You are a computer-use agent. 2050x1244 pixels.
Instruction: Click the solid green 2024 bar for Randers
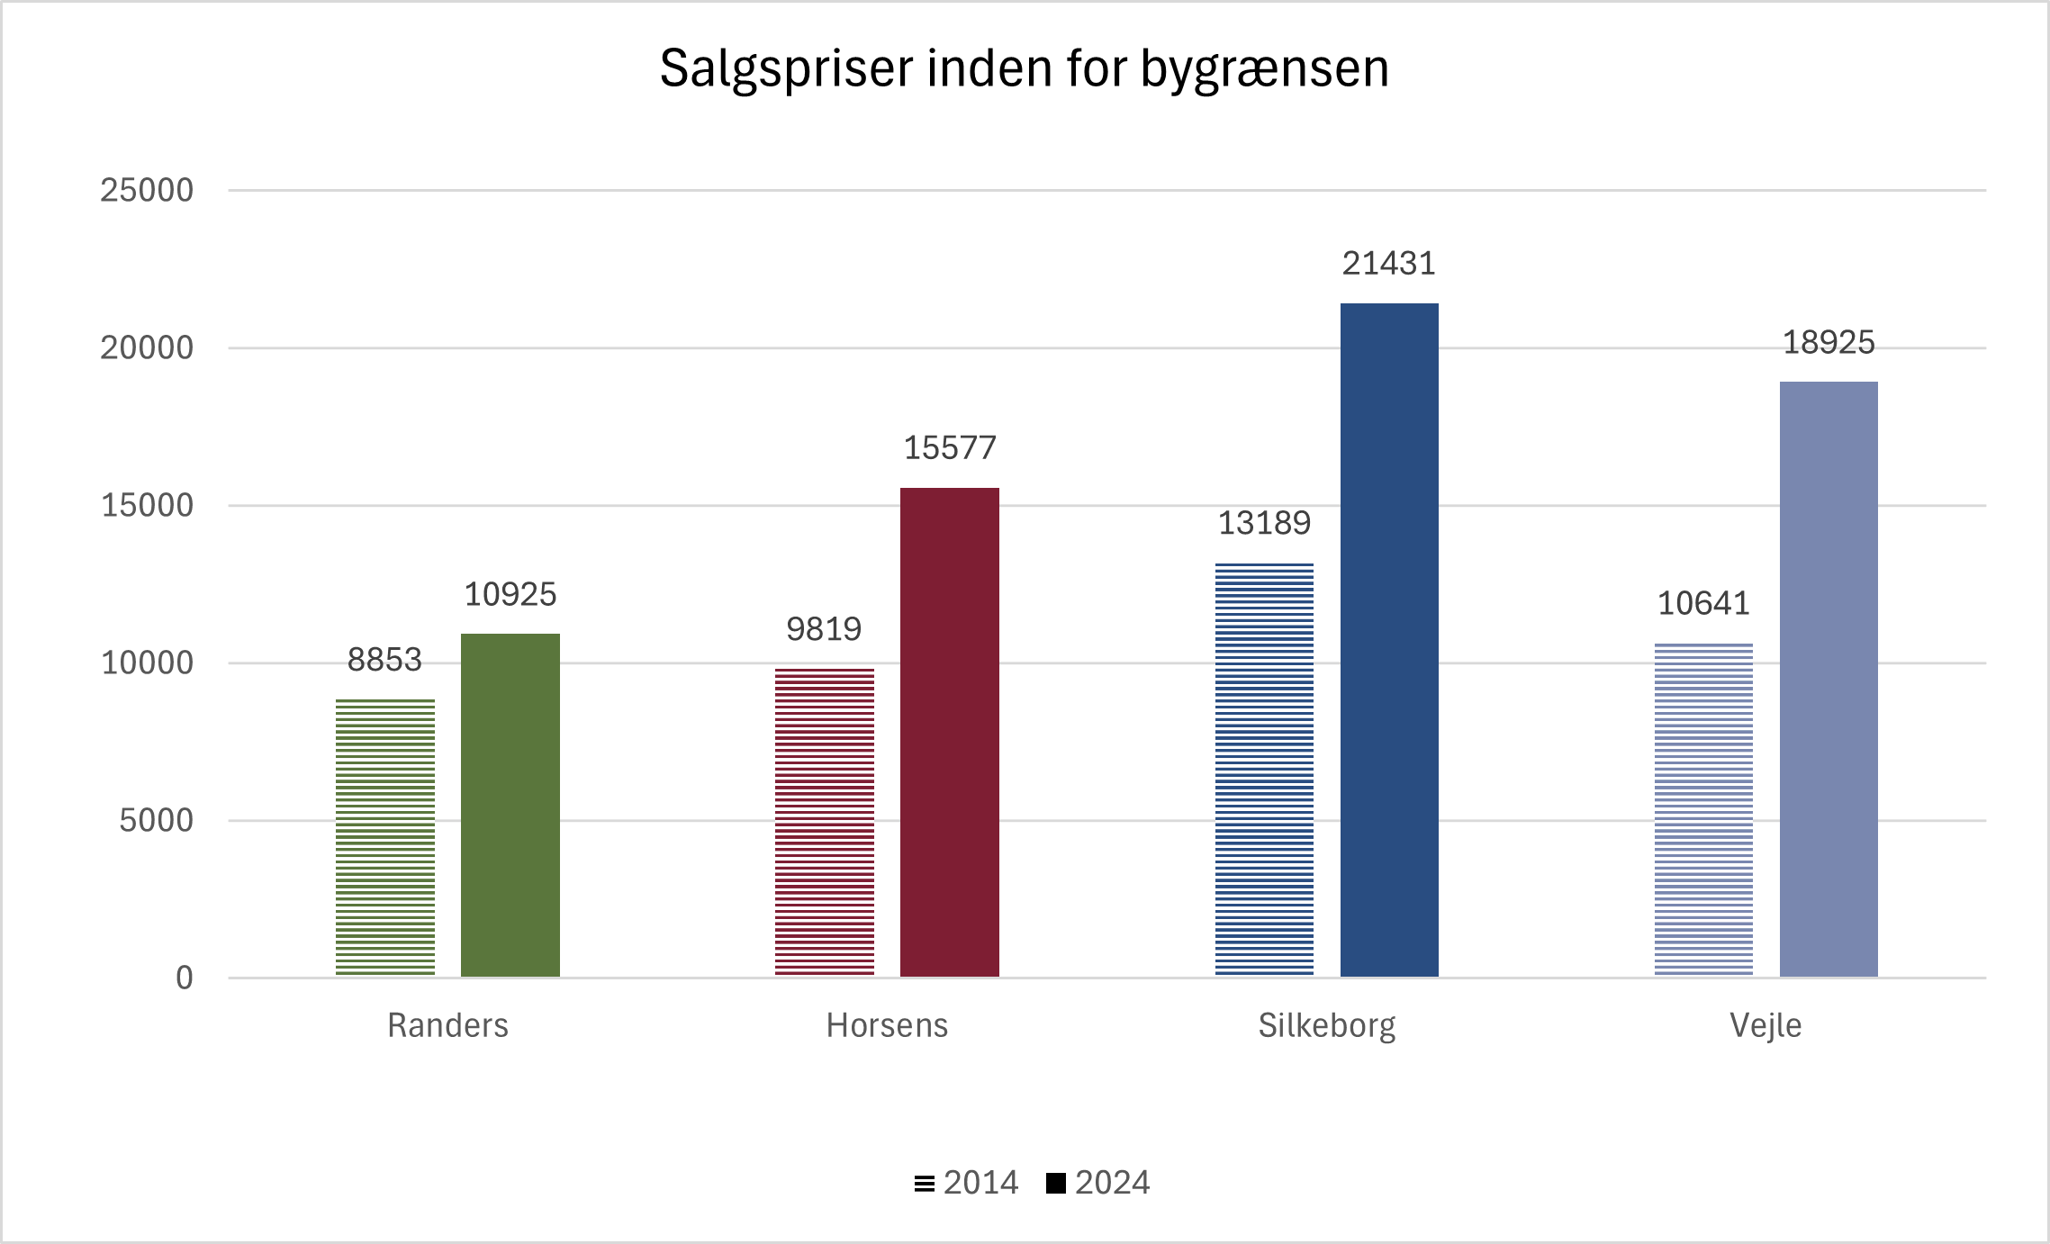click(510, 805)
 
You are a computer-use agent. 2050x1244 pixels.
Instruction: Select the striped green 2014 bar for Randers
click(384, 837)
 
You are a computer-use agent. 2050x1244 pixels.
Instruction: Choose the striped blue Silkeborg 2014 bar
click(1263, 770)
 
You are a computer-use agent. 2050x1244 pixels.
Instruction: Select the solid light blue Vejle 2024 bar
click(1828, 679)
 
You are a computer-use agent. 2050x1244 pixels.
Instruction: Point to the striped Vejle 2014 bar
click(1702, 809)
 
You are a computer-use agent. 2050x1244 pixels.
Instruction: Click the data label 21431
click(1388, 264)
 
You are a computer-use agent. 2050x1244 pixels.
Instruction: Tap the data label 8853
click(384, 660)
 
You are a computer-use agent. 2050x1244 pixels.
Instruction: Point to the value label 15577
click(949, 448)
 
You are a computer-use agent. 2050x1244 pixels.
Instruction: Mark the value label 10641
click(1702, 603)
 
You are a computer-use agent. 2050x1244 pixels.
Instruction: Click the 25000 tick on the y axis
click(147, 191)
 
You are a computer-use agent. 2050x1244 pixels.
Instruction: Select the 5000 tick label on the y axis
click(156, 821)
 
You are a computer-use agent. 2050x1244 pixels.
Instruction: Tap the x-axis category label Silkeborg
click(1326, 1026)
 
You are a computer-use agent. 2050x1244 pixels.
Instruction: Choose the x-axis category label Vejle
click(1766, 1026)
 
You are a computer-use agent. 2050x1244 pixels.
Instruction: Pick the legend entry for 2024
click(1099, 1182)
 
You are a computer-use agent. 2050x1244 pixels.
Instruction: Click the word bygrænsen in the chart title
click(1265, 69)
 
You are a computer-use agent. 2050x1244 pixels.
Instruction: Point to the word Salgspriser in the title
click(786, 69)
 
